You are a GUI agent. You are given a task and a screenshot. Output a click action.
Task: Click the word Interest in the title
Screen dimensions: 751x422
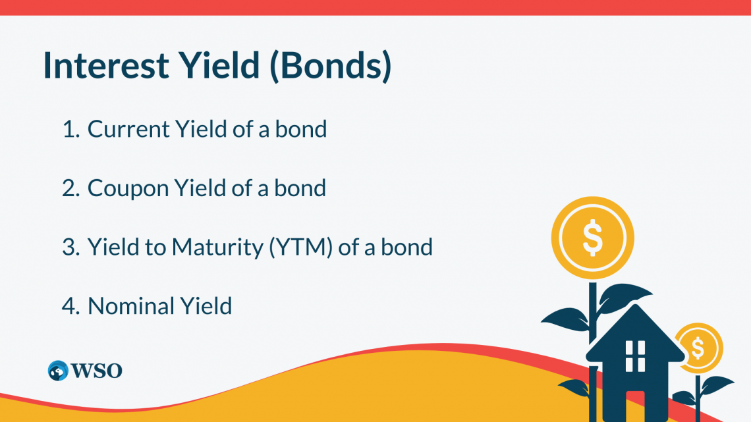click(x=106, y=65)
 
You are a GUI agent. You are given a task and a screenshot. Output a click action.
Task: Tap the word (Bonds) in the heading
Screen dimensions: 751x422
click(x=331, y=66)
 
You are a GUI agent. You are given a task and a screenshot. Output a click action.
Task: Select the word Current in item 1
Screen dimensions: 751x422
click(x=128, y=129)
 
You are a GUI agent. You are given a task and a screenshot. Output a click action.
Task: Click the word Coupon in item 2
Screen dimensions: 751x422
click(x=128, y=188)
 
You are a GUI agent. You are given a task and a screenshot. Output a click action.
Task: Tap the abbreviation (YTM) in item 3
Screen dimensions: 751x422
click(x=301, y=248)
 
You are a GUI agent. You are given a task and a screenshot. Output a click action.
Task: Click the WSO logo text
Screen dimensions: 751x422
click(x=96, y=371)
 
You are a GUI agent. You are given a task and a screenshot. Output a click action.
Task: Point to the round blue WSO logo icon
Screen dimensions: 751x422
click(x=58, y=371)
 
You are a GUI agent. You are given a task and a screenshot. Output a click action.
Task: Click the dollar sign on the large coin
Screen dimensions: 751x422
click(x=592, y=237)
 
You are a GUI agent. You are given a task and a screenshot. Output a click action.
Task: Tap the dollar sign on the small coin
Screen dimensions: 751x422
click(x=698, y=348)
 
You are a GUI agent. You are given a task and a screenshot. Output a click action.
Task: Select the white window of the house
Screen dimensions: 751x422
click(x=635, y=356)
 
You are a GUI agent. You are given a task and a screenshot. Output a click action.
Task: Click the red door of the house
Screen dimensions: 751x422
click(x=635, y=407)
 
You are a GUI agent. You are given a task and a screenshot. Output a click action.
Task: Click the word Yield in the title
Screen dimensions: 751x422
click(x=219, y=65)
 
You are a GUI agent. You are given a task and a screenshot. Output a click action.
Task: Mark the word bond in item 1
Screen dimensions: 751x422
click(x=301, y=129)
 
